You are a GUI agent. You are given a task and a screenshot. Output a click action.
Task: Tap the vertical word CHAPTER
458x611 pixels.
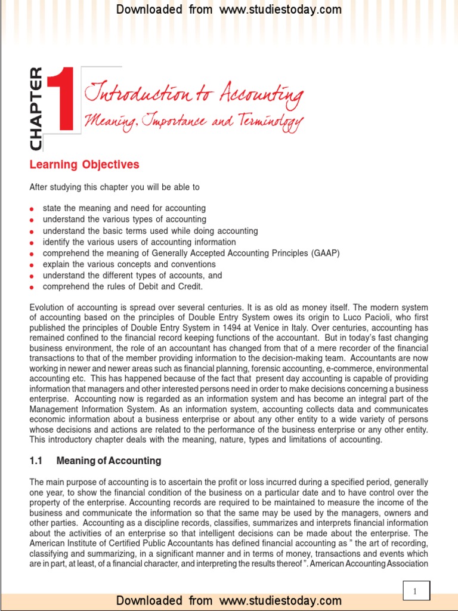pos(36,109)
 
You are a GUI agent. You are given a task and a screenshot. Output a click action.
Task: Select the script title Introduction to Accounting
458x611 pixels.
pos(194,94)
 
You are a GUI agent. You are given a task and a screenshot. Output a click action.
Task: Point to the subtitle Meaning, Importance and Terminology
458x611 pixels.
pos(194,122)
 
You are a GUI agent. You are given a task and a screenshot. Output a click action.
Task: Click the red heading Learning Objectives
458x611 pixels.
pos(84,165)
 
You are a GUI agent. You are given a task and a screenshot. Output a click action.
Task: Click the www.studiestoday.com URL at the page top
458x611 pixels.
pos(280,10)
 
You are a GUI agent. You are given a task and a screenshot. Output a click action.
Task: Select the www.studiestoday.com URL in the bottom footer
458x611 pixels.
pos(280,600)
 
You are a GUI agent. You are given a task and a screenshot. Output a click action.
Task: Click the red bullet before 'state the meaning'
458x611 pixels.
pos(32,209)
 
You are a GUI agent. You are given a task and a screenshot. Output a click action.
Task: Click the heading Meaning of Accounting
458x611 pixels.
pos(109,461)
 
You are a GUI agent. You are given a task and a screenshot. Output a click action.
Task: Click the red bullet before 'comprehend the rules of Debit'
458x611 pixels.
pos(32,287)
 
